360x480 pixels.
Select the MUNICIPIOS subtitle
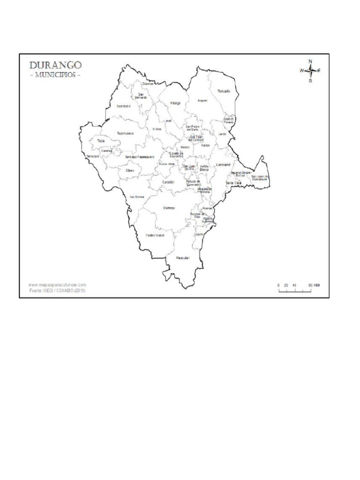point(55,75)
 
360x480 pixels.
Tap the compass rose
point(310,71)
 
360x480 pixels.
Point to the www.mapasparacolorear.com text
point(57,285)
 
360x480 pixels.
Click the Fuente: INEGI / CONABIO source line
point(57,291)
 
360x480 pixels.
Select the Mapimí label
point(202,100)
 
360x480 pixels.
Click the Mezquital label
point(182,258)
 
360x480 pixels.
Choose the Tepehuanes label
point(125,133)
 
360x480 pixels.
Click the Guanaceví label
point(123,105)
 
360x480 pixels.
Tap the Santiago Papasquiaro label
point(140,157)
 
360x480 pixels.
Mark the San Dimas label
point(137,196)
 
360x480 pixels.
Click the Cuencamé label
point(223,165)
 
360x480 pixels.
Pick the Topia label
point(101,141)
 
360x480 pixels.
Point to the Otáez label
point(130,171)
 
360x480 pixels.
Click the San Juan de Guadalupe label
point(260,178)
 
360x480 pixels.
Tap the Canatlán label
point(169,182)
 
